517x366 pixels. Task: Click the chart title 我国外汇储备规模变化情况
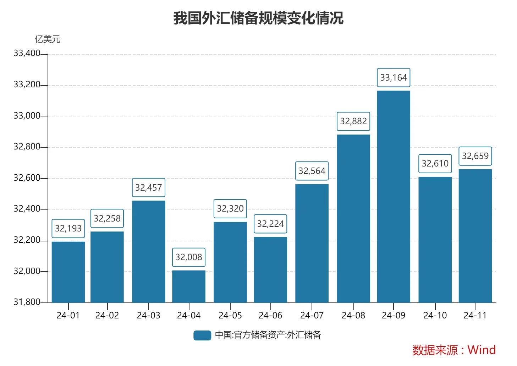[258, 18]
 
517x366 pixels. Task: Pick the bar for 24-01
[68, 272]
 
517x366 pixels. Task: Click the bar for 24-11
[475, 236]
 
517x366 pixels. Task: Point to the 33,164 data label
[393, 78]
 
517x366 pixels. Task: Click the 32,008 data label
[189, 257]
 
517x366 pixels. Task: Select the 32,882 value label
[353, 121]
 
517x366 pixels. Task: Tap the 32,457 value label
[148, 188]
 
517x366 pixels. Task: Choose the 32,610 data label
[435, 164]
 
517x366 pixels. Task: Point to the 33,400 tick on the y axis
[27, 54]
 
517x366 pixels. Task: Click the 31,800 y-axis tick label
[27, 302]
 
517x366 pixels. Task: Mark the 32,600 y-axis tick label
[27, 178]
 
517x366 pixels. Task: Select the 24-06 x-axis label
[270, 315]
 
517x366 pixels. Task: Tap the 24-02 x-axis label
[107, 315]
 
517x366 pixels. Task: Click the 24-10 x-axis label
[435, 315]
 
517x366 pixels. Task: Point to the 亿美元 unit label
[48, 39]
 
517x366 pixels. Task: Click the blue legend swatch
[202, 335]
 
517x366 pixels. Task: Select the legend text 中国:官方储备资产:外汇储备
[268, 335]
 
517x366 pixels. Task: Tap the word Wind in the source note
[482, 350]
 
